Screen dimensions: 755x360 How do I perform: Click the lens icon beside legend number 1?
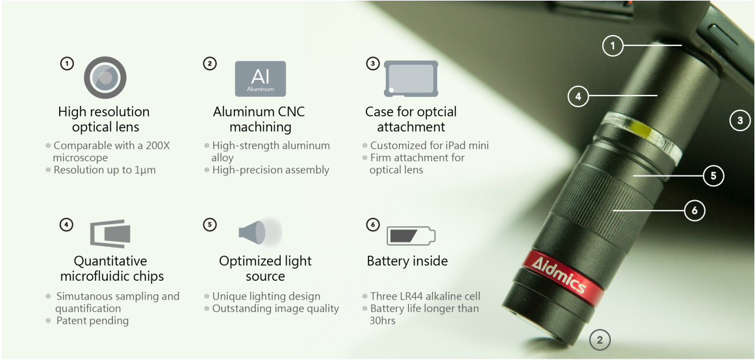[x=105, y=77]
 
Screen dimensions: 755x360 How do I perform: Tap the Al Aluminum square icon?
[x=261, y=79]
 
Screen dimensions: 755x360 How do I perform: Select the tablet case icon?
[x=411, y=79]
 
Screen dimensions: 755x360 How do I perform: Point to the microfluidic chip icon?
[x=110, y=233]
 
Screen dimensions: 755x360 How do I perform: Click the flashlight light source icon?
[x=260, y=231]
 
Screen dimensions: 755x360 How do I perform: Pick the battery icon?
[x=411, y=235]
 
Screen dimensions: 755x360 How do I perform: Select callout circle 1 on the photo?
[x=613, y=46]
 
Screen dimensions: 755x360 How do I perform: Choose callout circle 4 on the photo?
[x=578, y=96]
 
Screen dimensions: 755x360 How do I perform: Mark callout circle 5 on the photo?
[x=713, y=176]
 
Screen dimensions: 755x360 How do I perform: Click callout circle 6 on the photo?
[x=695, y=211]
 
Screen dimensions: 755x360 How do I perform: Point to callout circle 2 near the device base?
[x=600, y=341]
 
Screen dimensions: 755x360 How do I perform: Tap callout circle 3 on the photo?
[x=741, y=120]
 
